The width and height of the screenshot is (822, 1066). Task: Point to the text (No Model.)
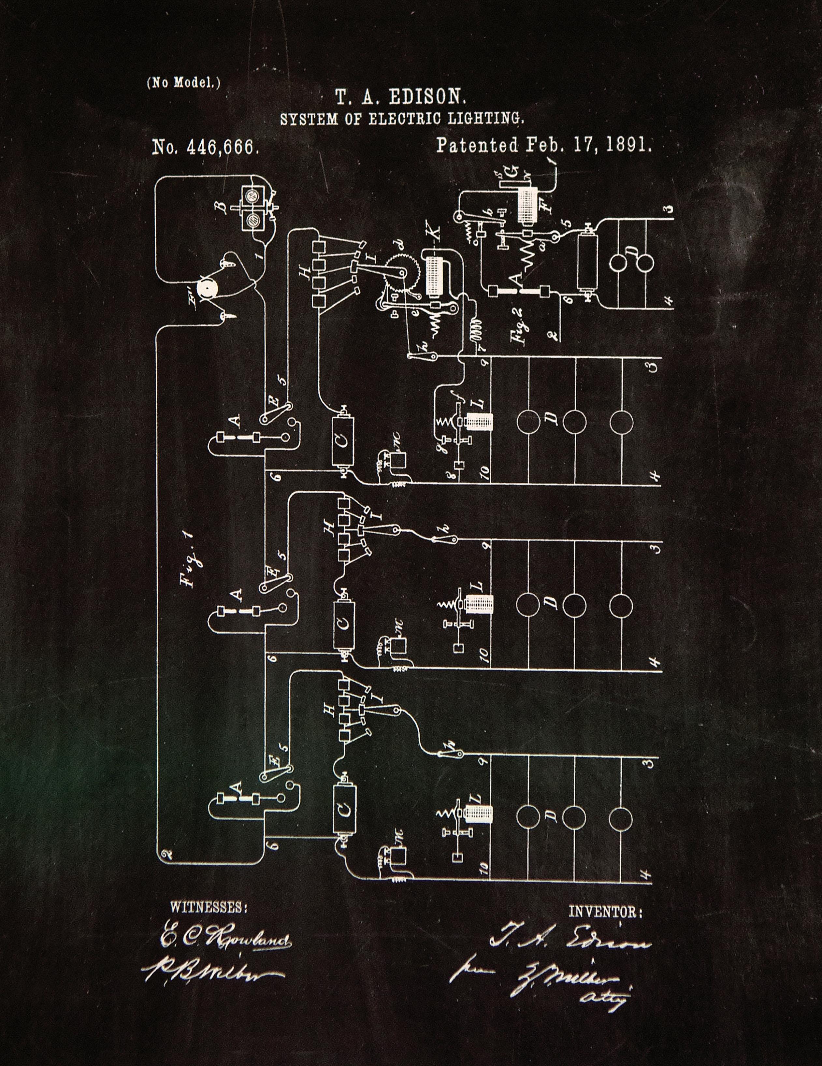click(x=183, y=82)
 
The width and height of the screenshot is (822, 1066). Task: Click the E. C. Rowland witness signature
click(x=225, y=940)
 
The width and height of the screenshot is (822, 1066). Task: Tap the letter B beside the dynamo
click(x=223, y=209)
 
